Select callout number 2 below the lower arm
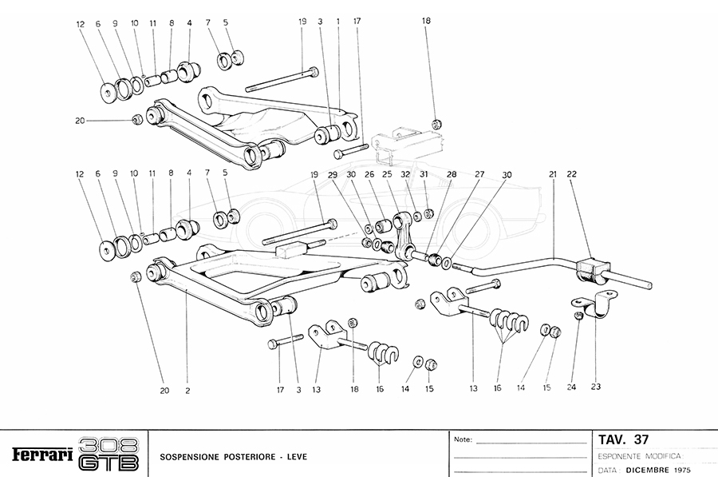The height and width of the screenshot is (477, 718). pyautogui.click(x=187, y=391)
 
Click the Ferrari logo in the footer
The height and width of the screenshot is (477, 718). pyautogui.click(x=41, y=455)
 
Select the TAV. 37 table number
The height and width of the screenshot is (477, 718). pyautogui.click(x=623, y=439)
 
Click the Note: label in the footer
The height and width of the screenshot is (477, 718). pyautogui.click(x=463, y=439)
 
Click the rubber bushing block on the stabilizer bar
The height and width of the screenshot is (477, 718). pyautogui.click(x=591, y=269)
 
